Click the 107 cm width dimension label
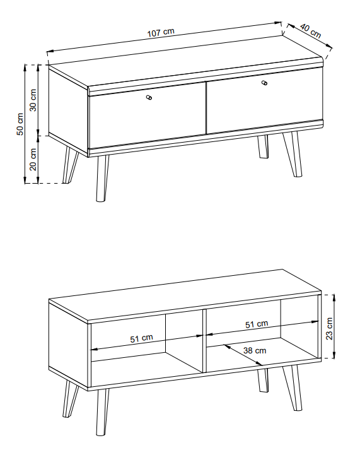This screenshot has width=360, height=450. click(x=161, y=32)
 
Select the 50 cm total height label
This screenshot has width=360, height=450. click(x=20, y=124)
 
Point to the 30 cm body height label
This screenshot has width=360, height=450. click(x=33, y=100)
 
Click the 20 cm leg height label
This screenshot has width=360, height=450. click(x=33, y=160)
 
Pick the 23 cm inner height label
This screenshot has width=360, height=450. click(x=329, y=329)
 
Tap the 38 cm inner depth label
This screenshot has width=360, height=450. click(x=255, y=350)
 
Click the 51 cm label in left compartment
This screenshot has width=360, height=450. click(x=142, y=338)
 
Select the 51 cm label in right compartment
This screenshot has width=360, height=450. click(x=257, y=324)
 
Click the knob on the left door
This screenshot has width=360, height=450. click(x=149, y=98)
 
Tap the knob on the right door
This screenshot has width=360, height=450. click(x=265, y=83)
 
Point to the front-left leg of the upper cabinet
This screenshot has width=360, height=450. click(x=102, y=179)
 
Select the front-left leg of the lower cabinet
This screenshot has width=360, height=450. click(x=102, y=412)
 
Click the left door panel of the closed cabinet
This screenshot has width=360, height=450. click(x=148, y=116)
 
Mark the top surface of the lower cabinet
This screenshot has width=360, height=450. click(x=185, y=295)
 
